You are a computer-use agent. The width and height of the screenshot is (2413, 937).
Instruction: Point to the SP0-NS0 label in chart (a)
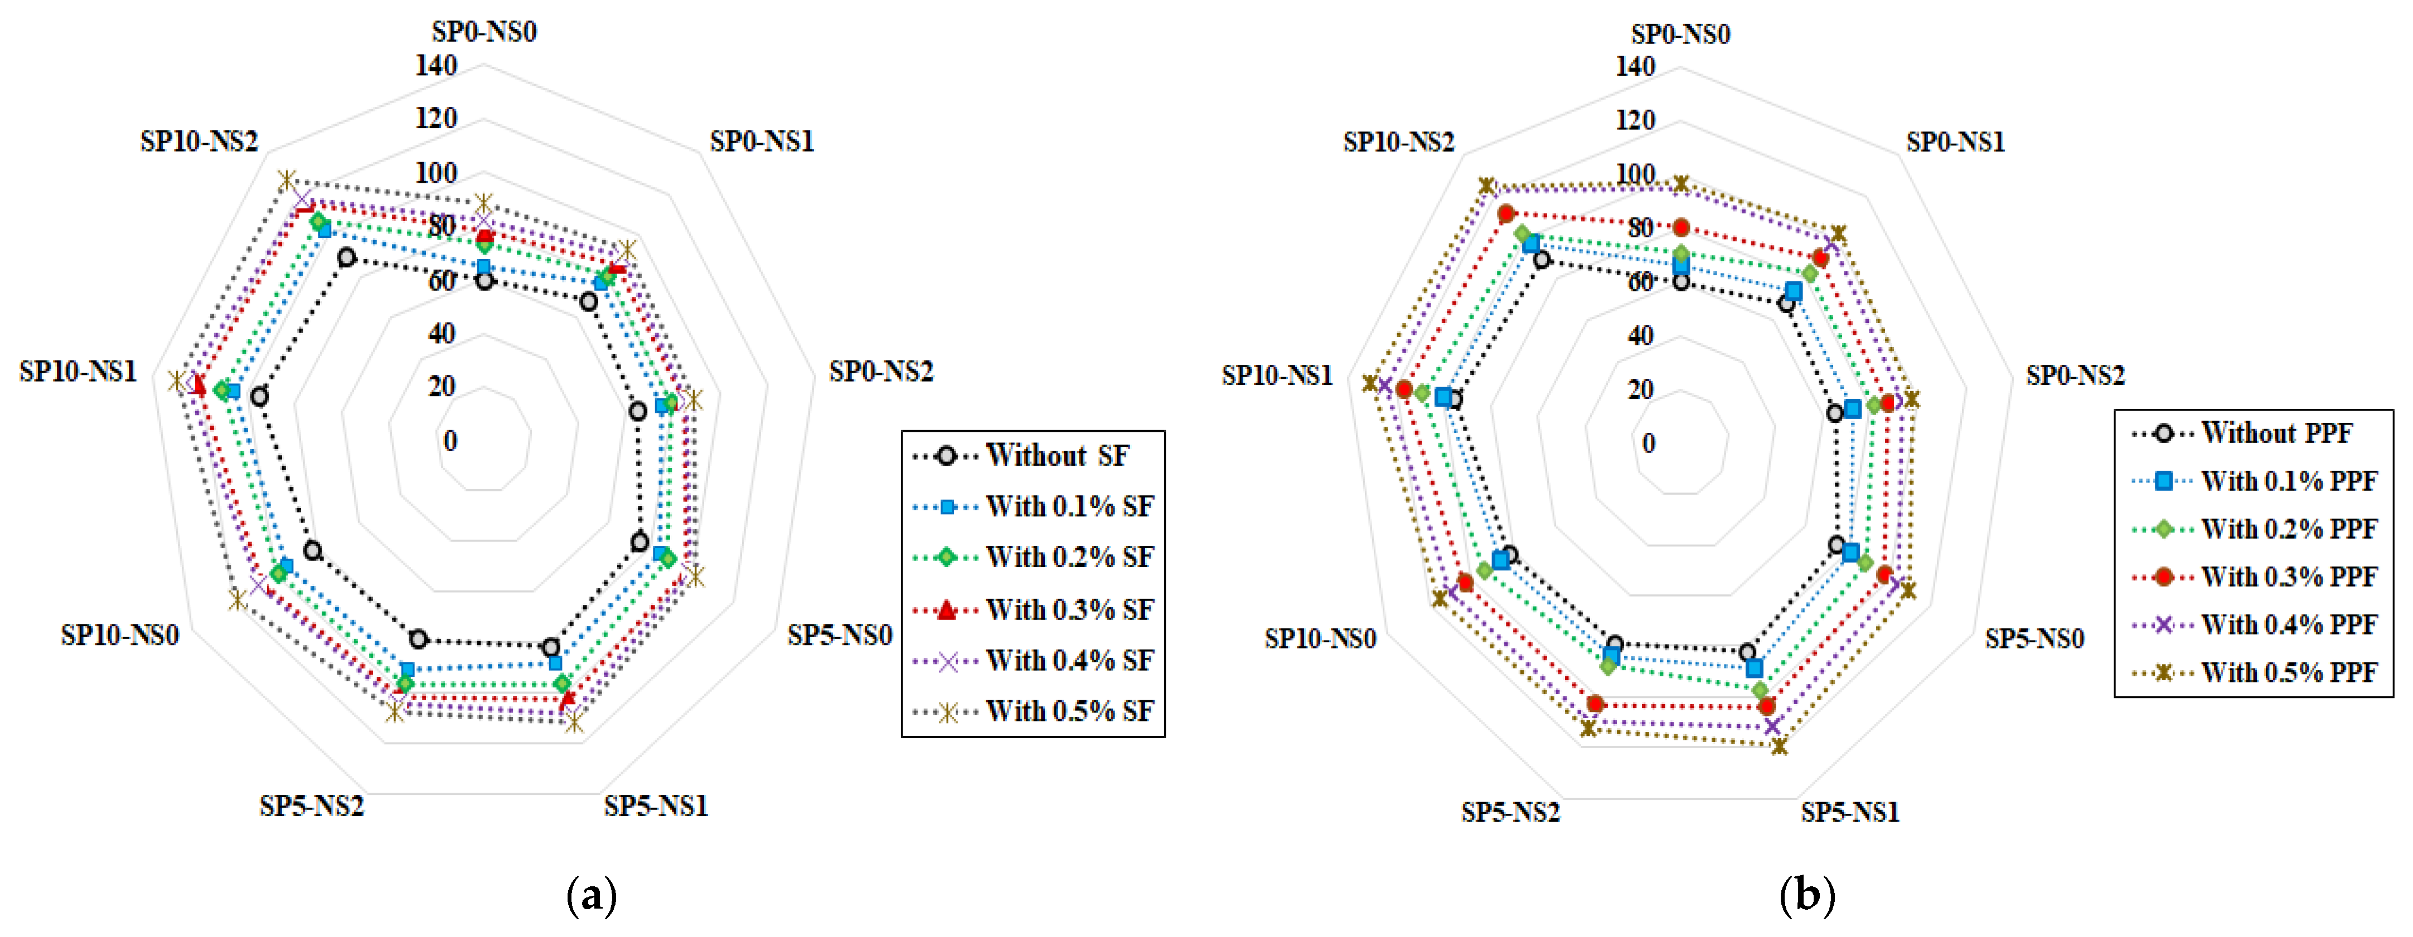coord(483,32)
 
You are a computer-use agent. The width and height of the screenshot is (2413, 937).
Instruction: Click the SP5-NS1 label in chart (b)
coord(1849,812)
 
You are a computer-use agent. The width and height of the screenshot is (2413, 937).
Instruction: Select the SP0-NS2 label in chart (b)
coord(2075,375)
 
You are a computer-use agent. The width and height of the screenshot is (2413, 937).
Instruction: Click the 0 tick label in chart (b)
coord(1649,443)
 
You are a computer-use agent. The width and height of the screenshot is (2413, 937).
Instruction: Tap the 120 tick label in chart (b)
coord(1635,120)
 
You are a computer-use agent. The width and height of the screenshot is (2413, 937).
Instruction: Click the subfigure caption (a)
coord(592,896)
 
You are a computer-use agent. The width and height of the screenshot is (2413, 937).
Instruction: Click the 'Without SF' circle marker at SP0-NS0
coord(483,280)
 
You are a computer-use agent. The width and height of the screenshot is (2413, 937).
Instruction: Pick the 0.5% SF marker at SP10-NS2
coord(287,180)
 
